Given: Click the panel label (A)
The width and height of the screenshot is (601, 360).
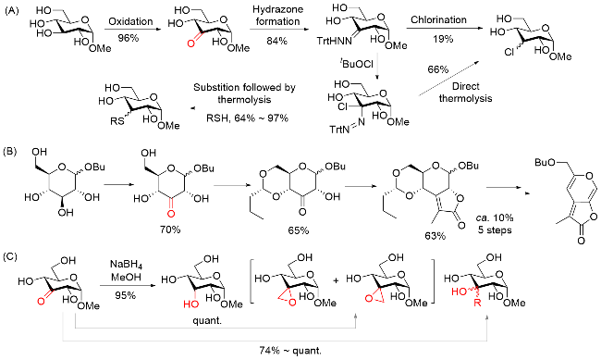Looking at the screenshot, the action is coord(11,11).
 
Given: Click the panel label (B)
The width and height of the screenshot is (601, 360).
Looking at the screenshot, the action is coord(10,151).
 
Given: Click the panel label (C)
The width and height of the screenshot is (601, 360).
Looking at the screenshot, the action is coord(10,256).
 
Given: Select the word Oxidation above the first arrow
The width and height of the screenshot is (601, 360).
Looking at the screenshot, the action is coord(130,21).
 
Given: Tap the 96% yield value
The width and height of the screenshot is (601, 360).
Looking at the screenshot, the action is coord(129,38).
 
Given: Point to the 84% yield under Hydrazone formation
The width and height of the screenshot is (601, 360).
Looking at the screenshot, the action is coord(276,41).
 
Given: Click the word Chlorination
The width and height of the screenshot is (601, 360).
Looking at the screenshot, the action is coord(438,19).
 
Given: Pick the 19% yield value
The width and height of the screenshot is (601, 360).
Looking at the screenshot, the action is coord(443,38).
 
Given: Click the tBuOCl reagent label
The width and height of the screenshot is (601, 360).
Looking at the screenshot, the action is coord(357,63).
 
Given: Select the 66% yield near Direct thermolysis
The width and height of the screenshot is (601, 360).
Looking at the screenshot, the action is coord(437,69).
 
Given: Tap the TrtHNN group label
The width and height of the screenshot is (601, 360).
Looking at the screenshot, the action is coord(334,41).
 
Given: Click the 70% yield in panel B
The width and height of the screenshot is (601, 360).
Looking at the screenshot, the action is coord(170,230).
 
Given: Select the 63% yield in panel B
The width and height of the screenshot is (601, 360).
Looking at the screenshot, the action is coord(435,236).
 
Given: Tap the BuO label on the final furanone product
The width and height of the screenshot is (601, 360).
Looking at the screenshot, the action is coord(543,162).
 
